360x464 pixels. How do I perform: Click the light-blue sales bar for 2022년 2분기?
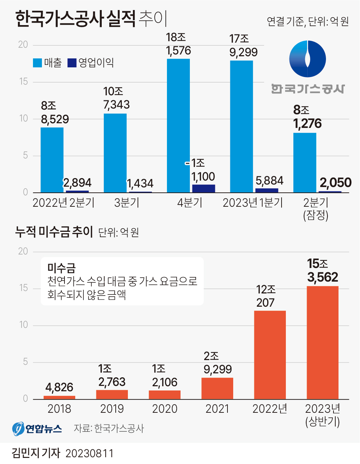tap(52, 160)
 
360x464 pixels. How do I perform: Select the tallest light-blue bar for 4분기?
tap(178, 125)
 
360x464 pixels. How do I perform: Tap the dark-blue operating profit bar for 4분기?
tap(203, 188)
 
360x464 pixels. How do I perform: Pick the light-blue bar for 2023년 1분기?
tap(241, 126)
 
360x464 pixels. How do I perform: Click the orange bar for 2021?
tap(217, 388)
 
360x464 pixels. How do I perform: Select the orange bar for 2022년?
tap(270, 355)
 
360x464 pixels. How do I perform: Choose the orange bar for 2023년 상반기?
tap(322, 342)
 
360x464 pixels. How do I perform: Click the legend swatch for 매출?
tap(37, 63)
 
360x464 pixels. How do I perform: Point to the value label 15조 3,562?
tap(322, 271)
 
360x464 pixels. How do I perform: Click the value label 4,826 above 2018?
tap(59, 387)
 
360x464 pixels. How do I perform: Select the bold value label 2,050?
tap(336, 183)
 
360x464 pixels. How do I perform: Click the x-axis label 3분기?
tap(127, 203)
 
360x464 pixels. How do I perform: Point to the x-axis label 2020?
tap(165, 409)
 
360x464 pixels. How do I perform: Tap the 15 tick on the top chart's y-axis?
tap(23, 82)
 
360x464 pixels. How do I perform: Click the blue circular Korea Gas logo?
tap(307, 59)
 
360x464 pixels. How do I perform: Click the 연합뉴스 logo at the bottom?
tap(37, 429)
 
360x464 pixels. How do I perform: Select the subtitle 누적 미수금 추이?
tap(54, 232)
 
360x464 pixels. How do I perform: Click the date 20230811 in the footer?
tap(90, 454)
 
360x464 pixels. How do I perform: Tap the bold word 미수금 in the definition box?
tap(61, 268)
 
